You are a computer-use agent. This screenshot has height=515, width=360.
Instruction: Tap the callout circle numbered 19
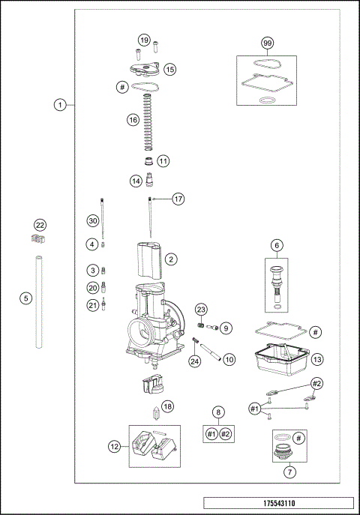click(x=144, y=40)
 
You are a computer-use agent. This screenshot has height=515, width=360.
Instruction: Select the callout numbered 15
click(x=170, y=69)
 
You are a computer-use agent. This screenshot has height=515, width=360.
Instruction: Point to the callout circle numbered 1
click(x=60, y=105)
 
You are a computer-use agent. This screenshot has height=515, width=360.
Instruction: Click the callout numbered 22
click(x=40, y=225)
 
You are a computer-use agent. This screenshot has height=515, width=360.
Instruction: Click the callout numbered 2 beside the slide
click(x=171, y=259)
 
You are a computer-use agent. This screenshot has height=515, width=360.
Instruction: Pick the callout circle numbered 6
click(x=277, y=245)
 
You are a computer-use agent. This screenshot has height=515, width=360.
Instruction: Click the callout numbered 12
click(x=114, y=446)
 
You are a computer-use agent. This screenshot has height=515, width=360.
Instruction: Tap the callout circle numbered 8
click(x=218, y=412)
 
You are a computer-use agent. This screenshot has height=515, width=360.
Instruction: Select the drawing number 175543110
click(x=277, y=505)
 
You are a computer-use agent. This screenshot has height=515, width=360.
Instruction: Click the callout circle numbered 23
click(x=201, y=310)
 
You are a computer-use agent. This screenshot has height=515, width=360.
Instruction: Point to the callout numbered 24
click(x=195, y=361)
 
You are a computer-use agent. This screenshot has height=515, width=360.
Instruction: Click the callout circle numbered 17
click(x=178, y=199)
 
